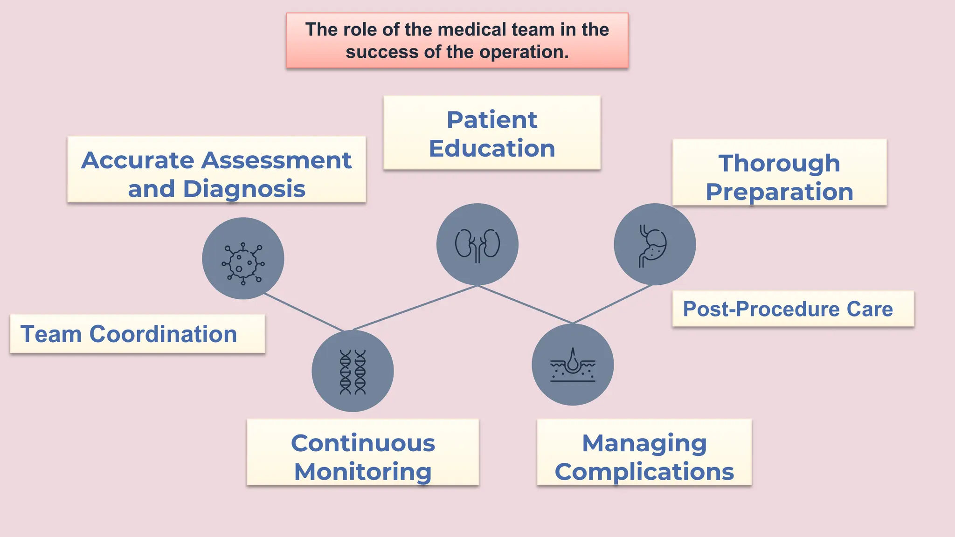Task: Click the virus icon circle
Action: point(243,258)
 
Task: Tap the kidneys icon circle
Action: point(477,244)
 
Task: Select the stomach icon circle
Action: point(655,244)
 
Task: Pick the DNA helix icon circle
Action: point(353,371)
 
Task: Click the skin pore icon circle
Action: point(573,365)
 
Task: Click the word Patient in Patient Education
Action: point(492,120)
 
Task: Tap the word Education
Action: point(492,148)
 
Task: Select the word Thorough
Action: point(779,163)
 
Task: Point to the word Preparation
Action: point(779,192)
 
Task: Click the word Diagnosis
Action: point(244,189)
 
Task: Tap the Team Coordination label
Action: point(129,334)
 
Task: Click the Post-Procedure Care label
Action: point(788,309)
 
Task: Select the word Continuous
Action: point(363,443)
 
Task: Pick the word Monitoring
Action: point(363,472)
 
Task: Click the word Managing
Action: point(644,443)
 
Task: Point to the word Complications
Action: point(644,472)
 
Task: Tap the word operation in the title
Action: point(524,52)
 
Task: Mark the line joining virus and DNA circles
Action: point(304,312)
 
